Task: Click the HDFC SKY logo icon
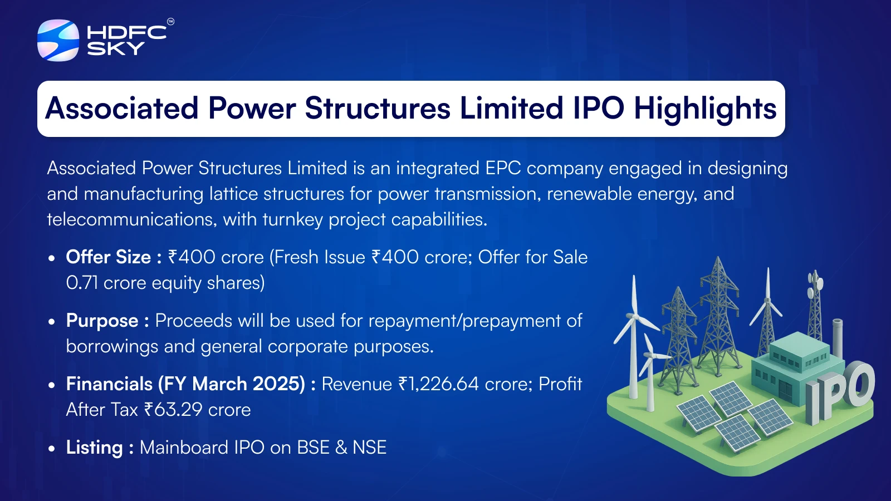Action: click(58, 40)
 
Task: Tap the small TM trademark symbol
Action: click(170, 22)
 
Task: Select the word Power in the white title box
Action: click(252, 108)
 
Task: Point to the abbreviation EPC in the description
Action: click(503, 168)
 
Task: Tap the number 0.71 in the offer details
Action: click(82, 283)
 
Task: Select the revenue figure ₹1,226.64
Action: click(438, 384)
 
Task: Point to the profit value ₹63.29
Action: click(173, 410)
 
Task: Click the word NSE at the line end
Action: click(370, 448)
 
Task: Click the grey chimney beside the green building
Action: click(838, 338)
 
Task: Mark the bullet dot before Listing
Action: click(51, 449)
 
